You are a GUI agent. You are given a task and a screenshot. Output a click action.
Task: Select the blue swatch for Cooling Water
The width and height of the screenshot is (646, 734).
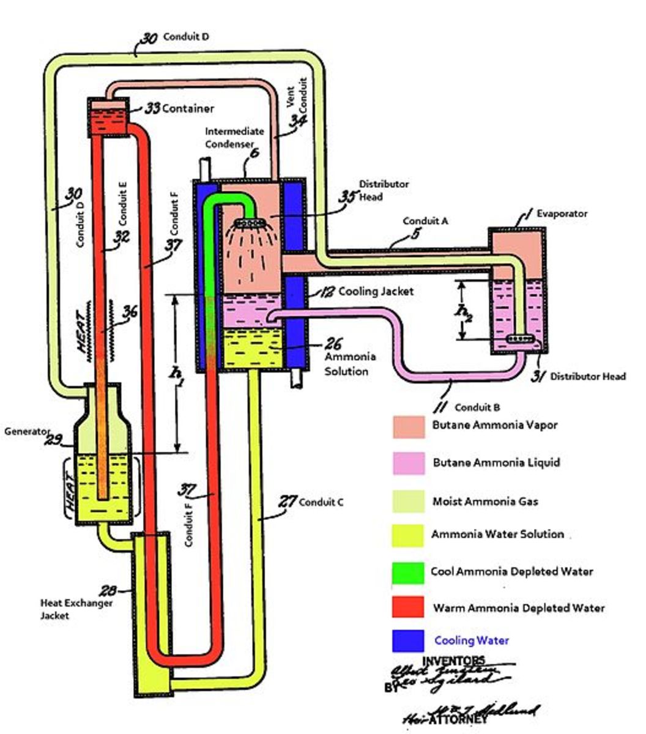[x=408, y=641]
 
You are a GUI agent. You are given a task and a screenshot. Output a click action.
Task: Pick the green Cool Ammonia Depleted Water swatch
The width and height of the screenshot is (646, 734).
[x=408, y=572]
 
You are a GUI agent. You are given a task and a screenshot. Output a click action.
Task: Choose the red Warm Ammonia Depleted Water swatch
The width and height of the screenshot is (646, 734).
[x=408, y=608]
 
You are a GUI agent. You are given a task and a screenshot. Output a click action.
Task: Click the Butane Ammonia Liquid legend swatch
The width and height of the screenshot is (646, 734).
[x=408, y=463]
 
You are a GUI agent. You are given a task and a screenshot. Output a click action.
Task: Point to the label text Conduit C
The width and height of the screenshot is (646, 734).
[x=321, y=502]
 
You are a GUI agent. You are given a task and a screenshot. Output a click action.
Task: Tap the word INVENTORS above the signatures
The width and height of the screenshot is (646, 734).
[x=453, y=661]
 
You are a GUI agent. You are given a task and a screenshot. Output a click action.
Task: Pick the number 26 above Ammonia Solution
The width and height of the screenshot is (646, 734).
[x=335, y=344]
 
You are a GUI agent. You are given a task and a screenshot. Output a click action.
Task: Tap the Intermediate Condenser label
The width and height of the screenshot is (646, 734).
[x=234, y=138]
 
